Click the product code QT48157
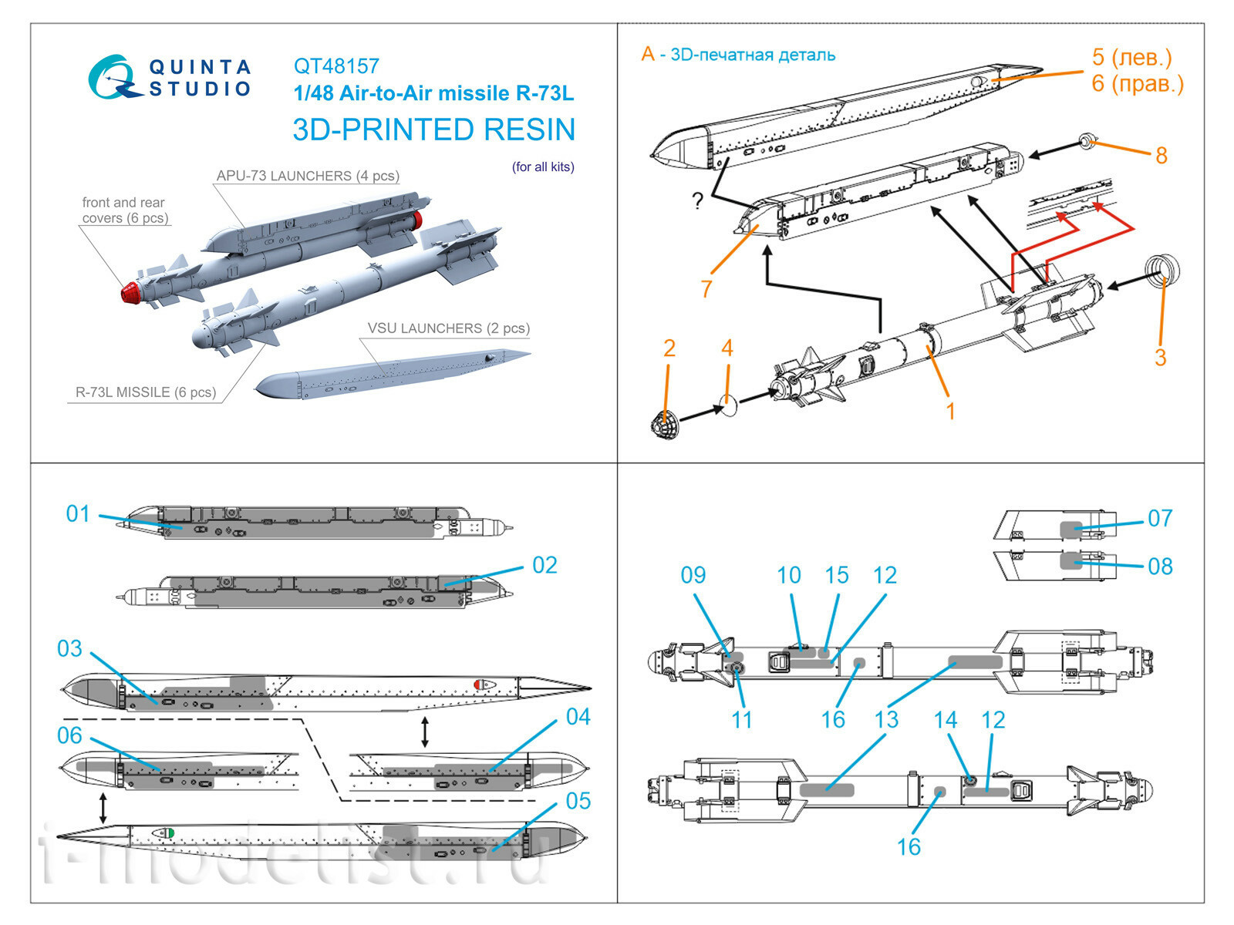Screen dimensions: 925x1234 click(x=336, y=66)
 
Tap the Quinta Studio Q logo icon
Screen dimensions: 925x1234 click(x=114, y=78)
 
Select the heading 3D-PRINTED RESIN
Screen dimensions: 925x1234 click(x=433, y=129)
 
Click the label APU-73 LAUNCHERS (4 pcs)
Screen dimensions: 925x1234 click(x=308, y=176)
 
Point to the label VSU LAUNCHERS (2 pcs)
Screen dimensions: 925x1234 click(x=448, y=328)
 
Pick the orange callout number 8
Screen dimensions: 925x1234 click(x=1161, y=156)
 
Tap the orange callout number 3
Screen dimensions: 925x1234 click(x=1160, y=358)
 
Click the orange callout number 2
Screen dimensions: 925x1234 click(x=669, y=348)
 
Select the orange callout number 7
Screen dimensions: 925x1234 click(x=706, y=289)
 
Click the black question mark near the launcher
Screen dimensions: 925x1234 click(x=697, y=202)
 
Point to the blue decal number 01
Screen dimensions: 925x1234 click(x=78, y=513)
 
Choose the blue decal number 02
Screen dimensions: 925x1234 click(x=545, y=565)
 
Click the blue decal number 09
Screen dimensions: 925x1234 click(x=693, y=575)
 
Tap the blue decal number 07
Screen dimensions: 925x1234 click(x=1160, y=518)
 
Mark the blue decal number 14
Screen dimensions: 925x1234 click(x=945, y=720)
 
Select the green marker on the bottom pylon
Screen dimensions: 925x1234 click(x=171, y=832)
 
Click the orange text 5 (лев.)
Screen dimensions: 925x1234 click(x=1131, y=57)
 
